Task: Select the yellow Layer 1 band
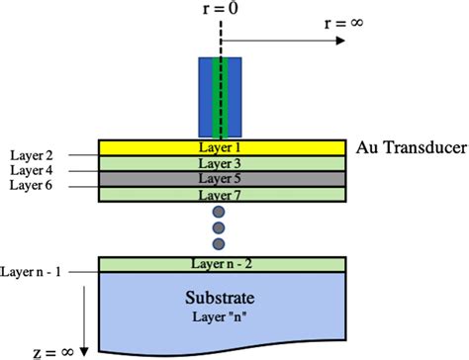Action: tap(223, 147)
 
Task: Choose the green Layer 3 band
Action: tap(223, 163)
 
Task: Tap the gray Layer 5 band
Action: tap(223, 179)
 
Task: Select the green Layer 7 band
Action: tap(223, 195)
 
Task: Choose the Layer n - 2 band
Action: tap(223, 264)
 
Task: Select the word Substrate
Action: tap(222, 297)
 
